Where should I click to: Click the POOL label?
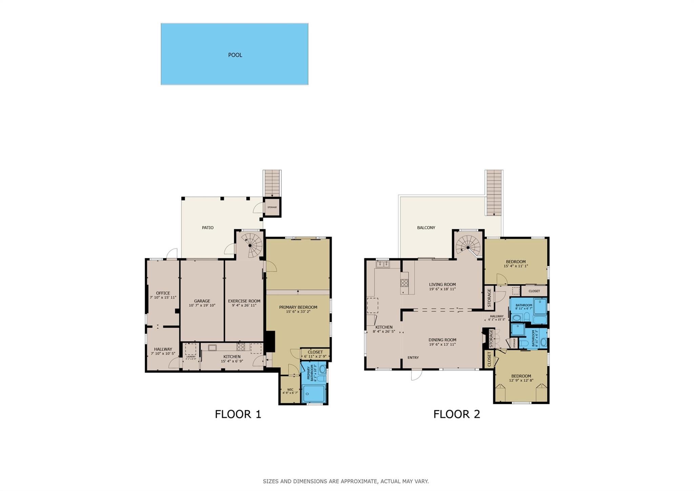pos(235,55)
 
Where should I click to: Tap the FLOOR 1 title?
pos(238,414)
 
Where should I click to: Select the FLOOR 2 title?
pos(456,414)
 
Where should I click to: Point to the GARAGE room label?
pos(202,301)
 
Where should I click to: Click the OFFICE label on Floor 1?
pos(163,293)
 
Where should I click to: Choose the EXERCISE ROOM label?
pos(244,301)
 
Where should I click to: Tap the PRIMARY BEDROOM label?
pos(298,307)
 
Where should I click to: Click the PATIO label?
pos(208,228)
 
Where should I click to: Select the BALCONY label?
pos(426,228)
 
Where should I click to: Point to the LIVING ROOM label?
pos(442,285)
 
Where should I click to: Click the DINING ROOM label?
pos(442,340)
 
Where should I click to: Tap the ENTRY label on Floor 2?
pos(413,358)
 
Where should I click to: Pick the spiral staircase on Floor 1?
pos(250,245)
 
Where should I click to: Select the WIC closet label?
pos(290,390)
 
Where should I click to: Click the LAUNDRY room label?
pos(191,357)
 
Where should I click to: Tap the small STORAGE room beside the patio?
pos(272,207)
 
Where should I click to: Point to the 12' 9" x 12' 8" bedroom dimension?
pos(521,380)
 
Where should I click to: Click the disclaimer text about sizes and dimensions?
pos(346,481)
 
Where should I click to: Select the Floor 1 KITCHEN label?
pos(232,357)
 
